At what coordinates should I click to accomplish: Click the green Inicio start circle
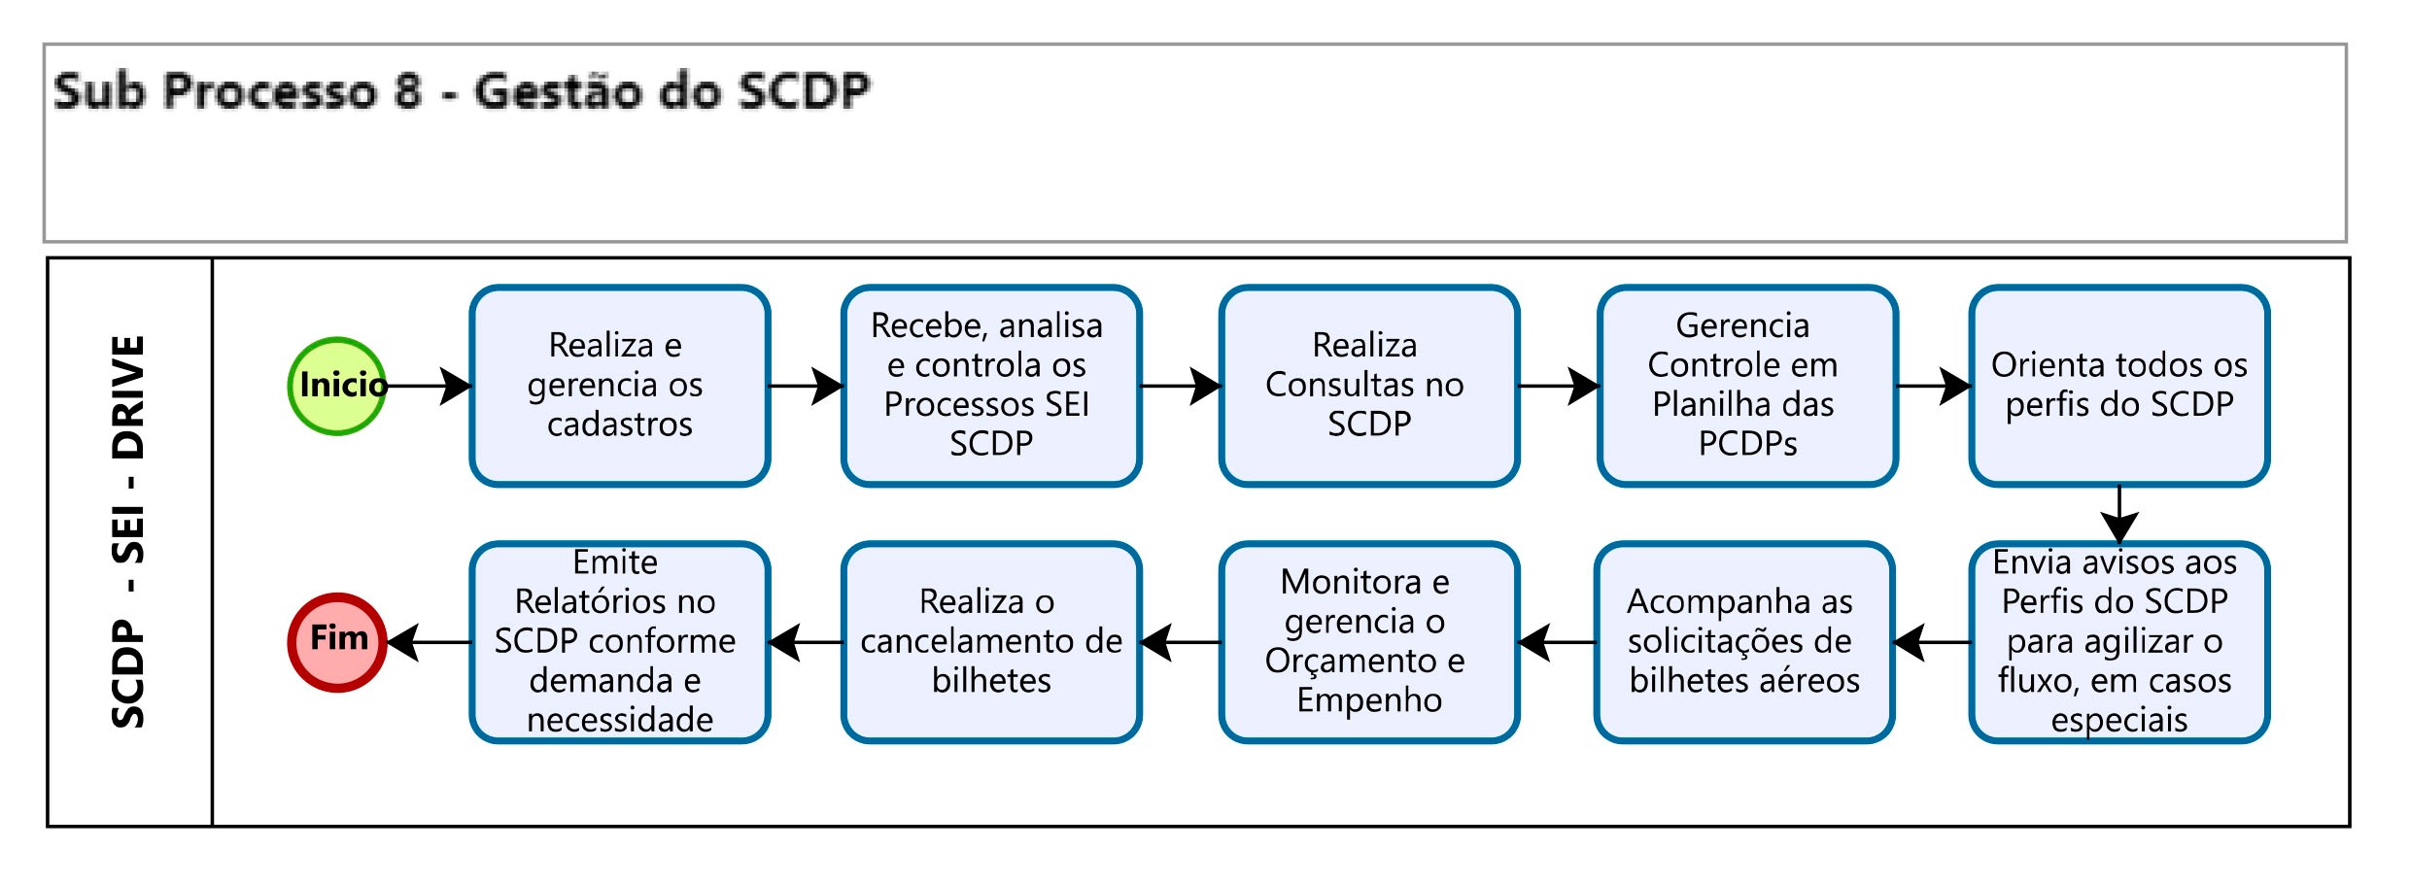click(337, 386)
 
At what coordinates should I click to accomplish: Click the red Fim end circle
click(337, 642)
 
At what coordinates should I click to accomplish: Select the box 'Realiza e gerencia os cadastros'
click(620, 386)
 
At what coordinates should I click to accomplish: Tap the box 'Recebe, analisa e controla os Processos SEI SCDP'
click(991, 386)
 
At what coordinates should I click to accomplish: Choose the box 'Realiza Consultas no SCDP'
click(1368, 386)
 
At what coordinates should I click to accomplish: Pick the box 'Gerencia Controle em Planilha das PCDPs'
click(1746, 386)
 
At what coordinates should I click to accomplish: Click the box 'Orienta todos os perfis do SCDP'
click(2118, 386)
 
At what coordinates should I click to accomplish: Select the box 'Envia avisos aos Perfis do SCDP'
click(2118, 642)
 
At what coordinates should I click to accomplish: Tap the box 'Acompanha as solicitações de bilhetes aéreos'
click(1744, 642)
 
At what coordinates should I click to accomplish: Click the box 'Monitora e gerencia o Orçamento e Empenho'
click(1368, 642)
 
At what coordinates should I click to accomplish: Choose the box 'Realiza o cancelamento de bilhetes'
click(991, 642)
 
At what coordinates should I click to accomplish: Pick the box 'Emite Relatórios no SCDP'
click(620, 642)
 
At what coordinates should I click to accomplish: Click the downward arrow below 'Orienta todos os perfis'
click(2118, 515)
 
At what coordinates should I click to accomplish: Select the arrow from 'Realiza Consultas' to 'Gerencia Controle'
click(1558, 386)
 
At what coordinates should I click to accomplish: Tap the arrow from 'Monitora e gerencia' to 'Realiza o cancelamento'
click(1180, 642)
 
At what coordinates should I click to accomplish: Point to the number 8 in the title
click(408, 92)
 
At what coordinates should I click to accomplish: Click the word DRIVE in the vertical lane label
click(129, 397)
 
